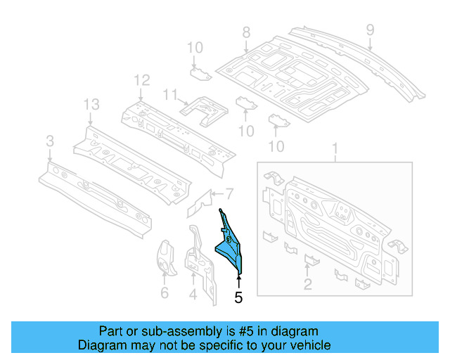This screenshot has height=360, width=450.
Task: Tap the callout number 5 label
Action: pyautogui.click(x=238, y=297)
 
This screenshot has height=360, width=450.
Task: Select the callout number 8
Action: pyautogui.click(x=246, y=32)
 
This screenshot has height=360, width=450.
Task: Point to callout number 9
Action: pyautogui.click(x=371, y=29)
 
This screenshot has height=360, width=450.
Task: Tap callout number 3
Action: pyautogui.click(x=49, y=143)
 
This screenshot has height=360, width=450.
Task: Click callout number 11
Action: pyautogui.click(x=169, y=94)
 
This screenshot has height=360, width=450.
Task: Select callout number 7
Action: pyautogui.click(x=229, y=194)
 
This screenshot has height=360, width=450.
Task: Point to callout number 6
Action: pyautogui.click(x=165, y=292)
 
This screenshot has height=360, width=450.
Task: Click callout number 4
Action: pyautogui.click(x=193, y=293)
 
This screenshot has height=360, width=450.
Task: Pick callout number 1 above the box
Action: pyautogui.click(x=335, y=148)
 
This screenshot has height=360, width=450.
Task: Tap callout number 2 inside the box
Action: pyautogui.click(x=308, y=283)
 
